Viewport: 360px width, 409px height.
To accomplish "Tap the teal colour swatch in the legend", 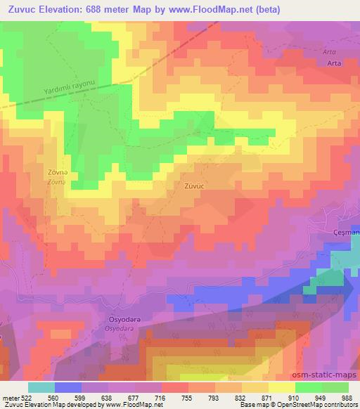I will click(x=41, y=387).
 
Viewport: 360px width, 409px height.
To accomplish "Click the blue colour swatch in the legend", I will click(x=68, y=387).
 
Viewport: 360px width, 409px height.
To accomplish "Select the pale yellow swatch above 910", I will click(x=281, y=387).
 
